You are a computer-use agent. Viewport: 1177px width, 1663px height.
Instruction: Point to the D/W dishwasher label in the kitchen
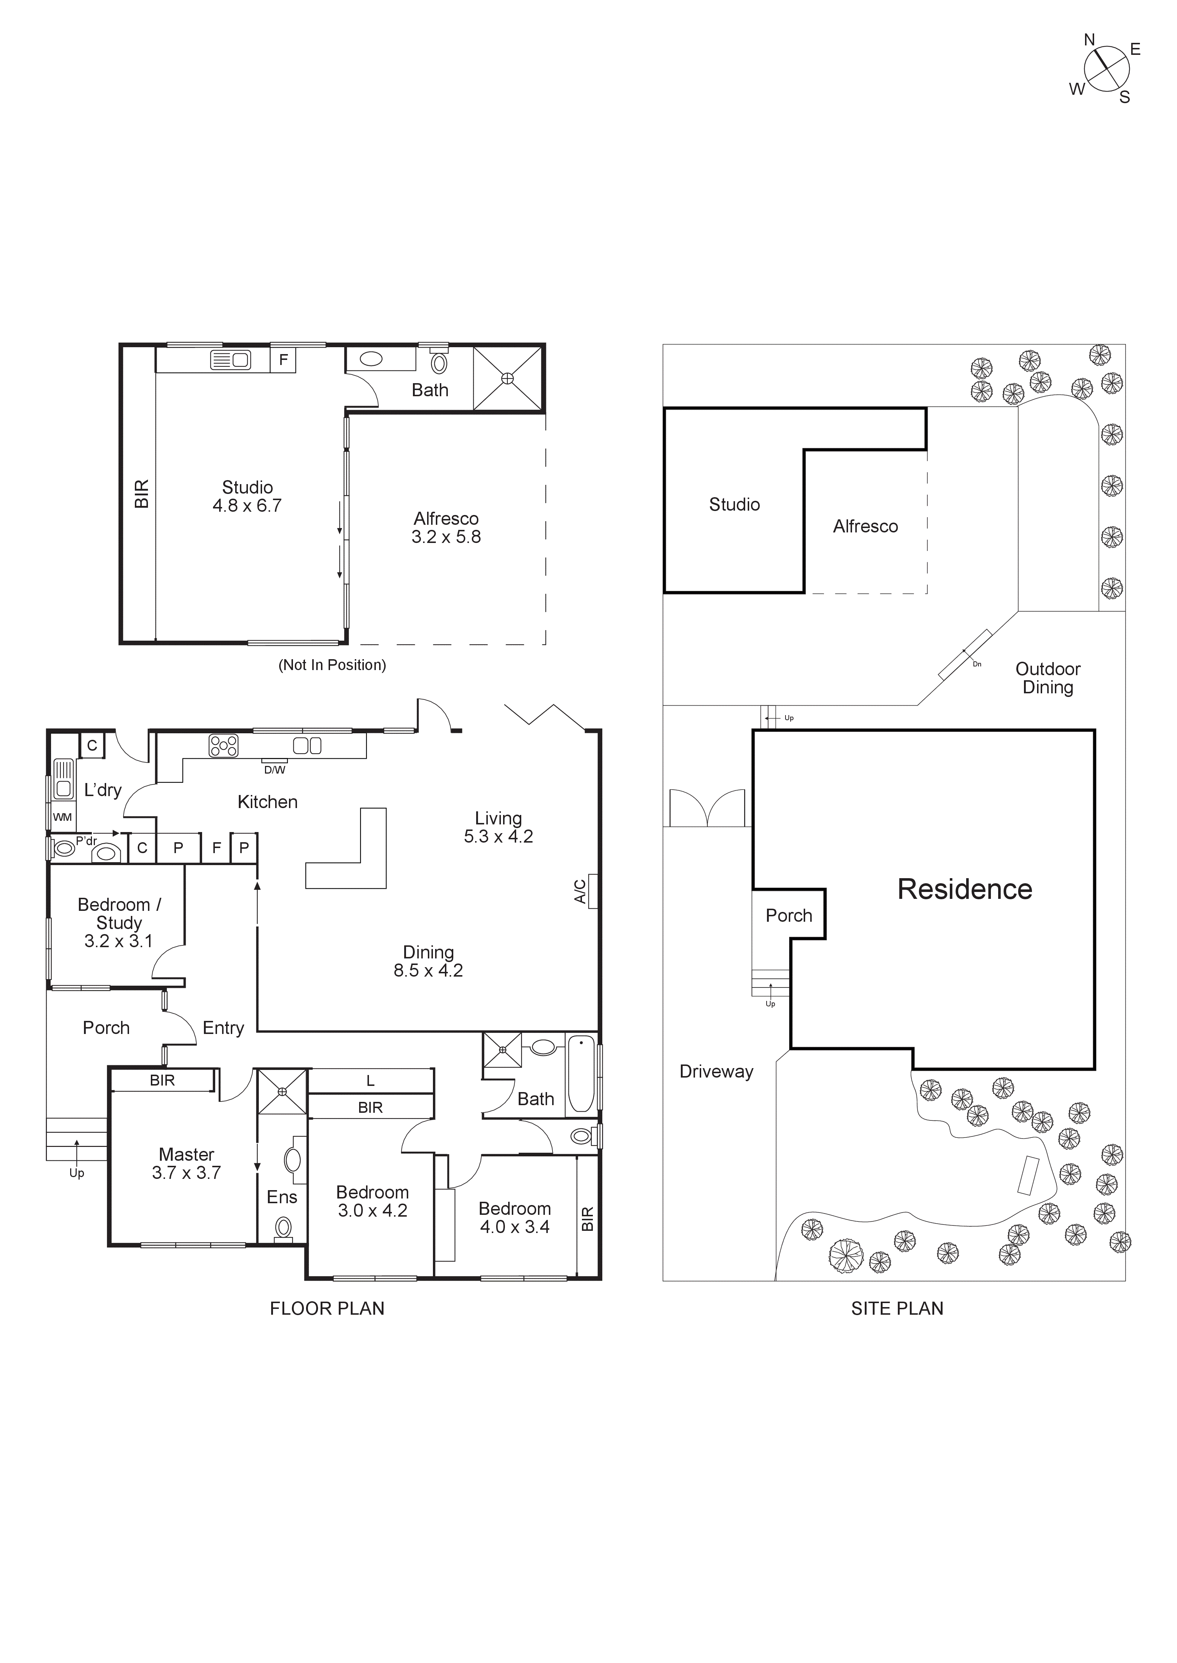click(275, 770)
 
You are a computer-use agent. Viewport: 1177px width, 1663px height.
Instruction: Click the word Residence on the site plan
click(965, 889)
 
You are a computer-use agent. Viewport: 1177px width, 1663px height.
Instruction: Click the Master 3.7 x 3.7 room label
click(186, 1163)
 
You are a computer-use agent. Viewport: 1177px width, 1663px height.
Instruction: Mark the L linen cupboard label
click(370, 1081)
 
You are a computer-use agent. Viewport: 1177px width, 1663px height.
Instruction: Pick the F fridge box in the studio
click(284, 359)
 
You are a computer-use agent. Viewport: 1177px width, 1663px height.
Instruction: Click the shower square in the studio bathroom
click(507, 378)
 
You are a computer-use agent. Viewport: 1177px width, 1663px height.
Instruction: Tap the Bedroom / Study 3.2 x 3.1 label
click(119, 923)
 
